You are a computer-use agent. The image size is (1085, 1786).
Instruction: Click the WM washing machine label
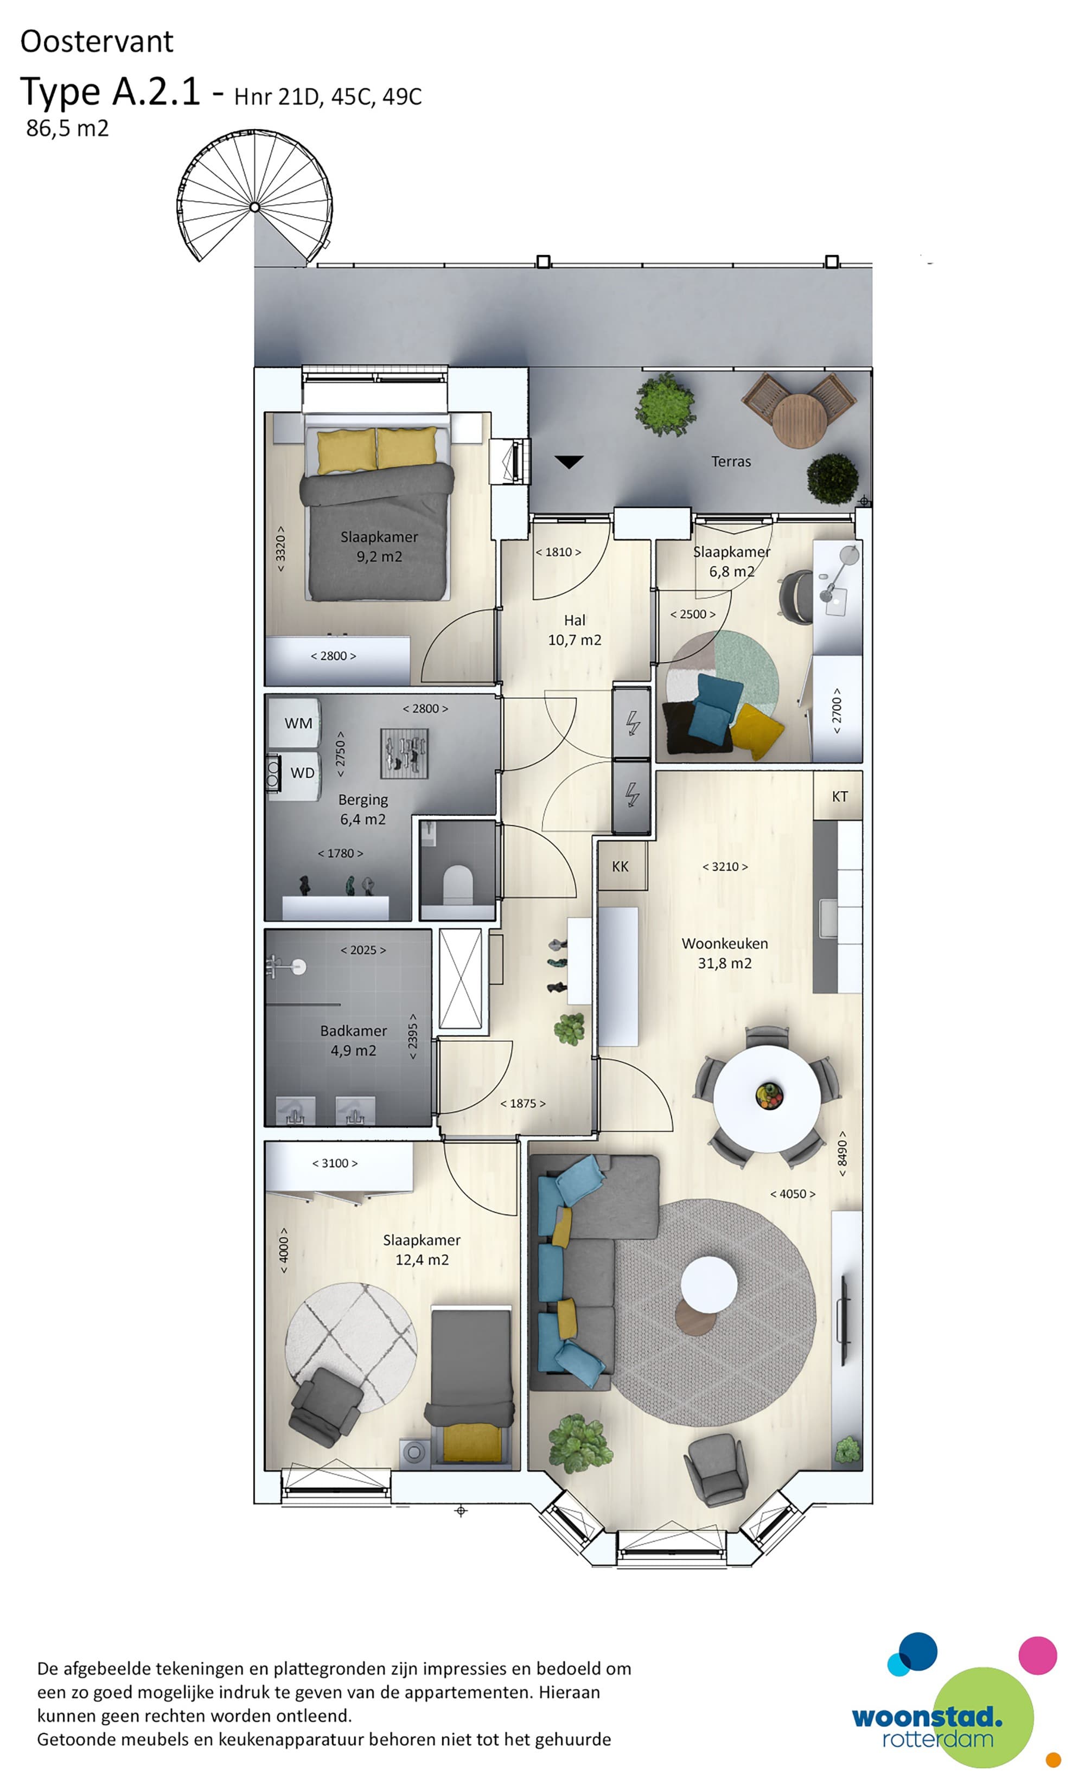click(x=298, y=724)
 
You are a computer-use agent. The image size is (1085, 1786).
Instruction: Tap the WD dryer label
click(x=302, y=773)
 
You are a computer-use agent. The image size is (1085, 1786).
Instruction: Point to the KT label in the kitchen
click(x=839, y=797)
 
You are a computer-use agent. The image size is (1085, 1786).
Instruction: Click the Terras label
click(x=731, y=461)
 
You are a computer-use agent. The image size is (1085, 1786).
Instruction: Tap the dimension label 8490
click(x=842, y=1153)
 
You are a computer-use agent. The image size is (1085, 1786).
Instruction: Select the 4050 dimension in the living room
click(x=792, y=1194)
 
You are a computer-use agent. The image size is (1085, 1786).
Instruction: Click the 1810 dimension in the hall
click(x=558, y=552)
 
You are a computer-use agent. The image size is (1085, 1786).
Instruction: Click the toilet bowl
click(x=457, y=883)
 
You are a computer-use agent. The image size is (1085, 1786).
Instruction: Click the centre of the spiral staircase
click(x=254, y=207)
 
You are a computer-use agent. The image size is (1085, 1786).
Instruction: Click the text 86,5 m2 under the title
click(x=67, y=129)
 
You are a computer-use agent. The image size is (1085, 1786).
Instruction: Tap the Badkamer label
click(x=353, y=1030)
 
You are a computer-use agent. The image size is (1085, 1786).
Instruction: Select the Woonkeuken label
click(x=725, y=944)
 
